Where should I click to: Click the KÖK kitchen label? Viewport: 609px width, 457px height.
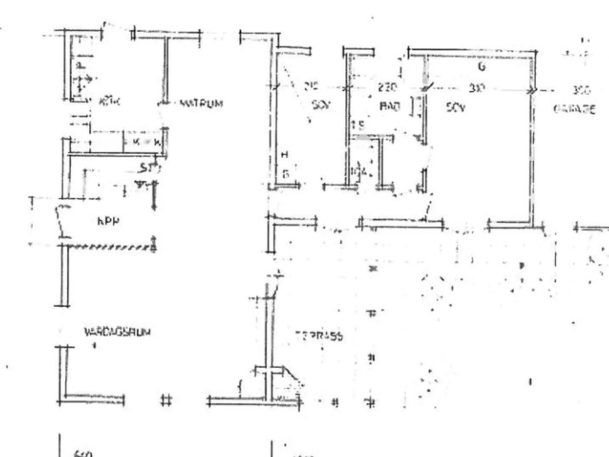(x=109, y=102)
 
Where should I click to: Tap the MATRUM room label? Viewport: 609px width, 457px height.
(x=201, y=103)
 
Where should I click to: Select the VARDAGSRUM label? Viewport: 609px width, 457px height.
(x=117, y=332)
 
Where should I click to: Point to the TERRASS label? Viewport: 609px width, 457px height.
(x=319, y=336)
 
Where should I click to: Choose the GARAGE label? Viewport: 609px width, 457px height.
(x=574, y=109)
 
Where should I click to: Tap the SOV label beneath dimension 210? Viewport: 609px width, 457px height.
(x=321, y=105)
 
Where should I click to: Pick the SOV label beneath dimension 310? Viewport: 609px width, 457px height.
(x=455, y=107)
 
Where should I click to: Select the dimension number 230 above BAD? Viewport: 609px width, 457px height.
(x=387, y=87)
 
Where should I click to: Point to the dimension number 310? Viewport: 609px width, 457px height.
(x=477, y=88)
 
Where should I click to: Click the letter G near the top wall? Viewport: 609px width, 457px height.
(x=482, y=67)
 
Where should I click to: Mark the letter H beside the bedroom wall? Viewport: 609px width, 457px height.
(x=285, y=154)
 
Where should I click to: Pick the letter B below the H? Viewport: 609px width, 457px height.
(x=286, y=174)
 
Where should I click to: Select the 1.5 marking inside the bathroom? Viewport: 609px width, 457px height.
(x=358, y=125)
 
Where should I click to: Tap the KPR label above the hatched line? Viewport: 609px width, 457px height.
(x=108, y=221)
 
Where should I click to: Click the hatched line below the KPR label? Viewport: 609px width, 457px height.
(x=110, y=247)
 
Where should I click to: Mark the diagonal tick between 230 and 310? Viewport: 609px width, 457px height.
(x=426, y=88)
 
